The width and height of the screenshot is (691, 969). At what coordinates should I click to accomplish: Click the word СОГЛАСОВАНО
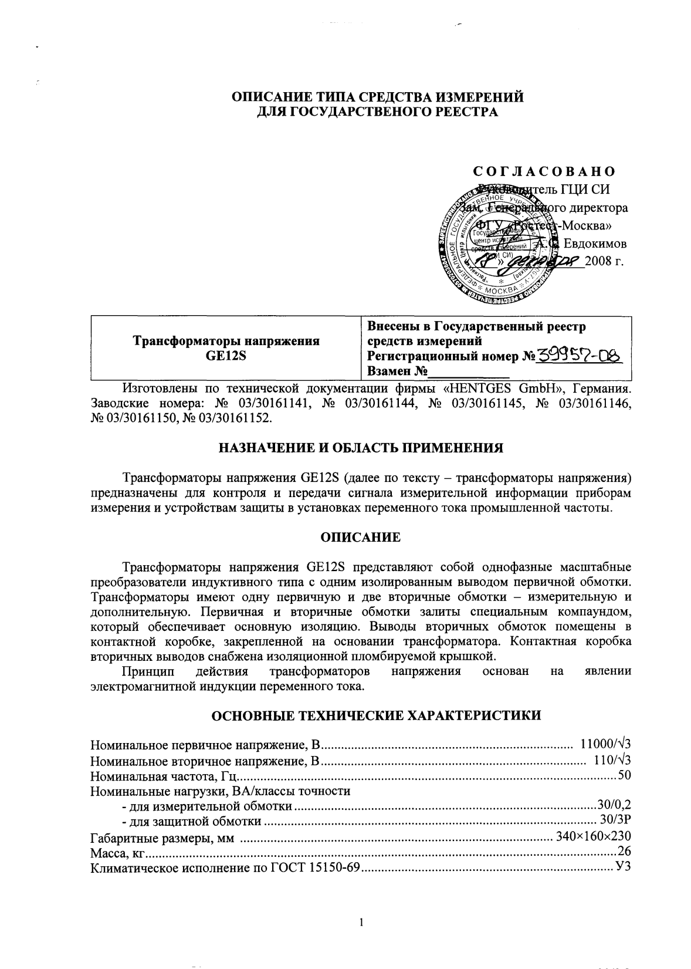click(x=544, y=171)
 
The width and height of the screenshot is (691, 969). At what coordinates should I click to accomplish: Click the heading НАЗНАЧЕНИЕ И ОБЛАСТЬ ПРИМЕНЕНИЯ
click(x=361, y=449)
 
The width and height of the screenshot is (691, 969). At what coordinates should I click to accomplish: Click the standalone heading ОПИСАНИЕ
click(x=361, y=538)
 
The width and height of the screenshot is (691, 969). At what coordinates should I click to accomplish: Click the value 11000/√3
click(x=604, y=745)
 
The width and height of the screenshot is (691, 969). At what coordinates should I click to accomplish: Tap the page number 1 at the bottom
click(x=361, y=923)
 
